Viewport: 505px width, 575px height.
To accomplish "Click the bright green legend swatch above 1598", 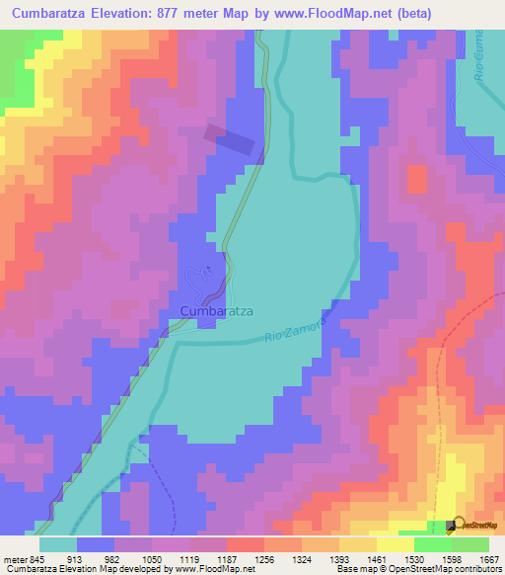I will click(432, 544).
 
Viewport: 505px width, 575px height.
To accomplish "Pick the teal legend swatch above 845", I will click(58, 544).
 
